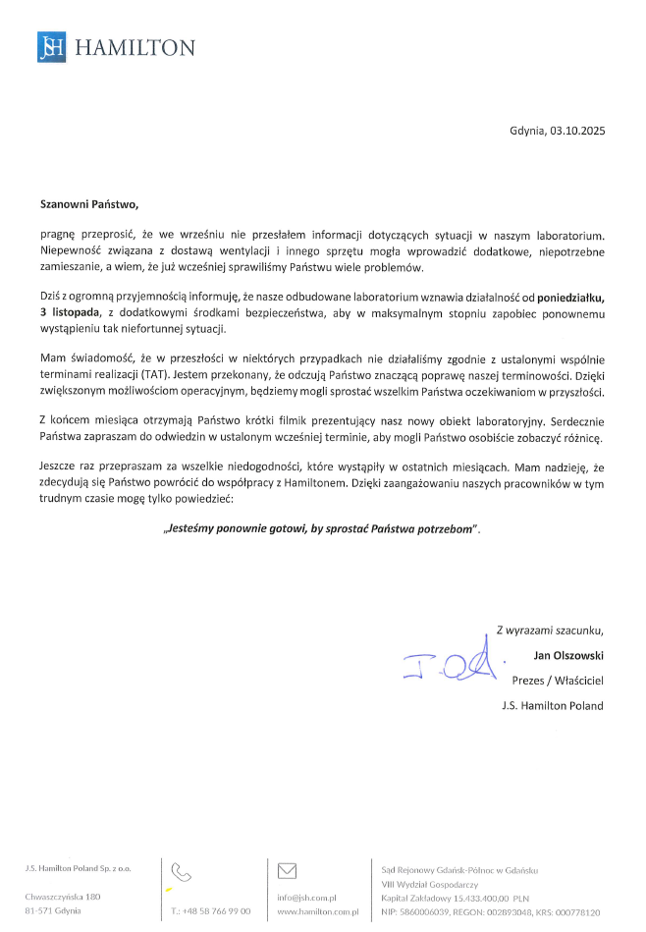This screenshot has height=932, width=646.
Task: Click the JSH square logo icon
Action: coord(52,47)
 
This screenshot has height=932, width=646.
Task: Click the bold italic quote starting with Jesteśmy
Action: coord(322,527)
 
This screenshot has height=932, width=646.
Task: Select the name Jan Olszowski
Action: coord(567,654)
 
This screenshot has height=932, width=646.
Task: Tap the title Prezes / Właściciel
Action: coord(558,680)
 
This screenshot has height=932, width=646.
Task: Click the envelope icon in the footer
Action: coord(288,870)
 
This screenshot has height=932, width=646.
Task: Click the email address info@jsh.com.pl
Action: coord(307,897)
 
